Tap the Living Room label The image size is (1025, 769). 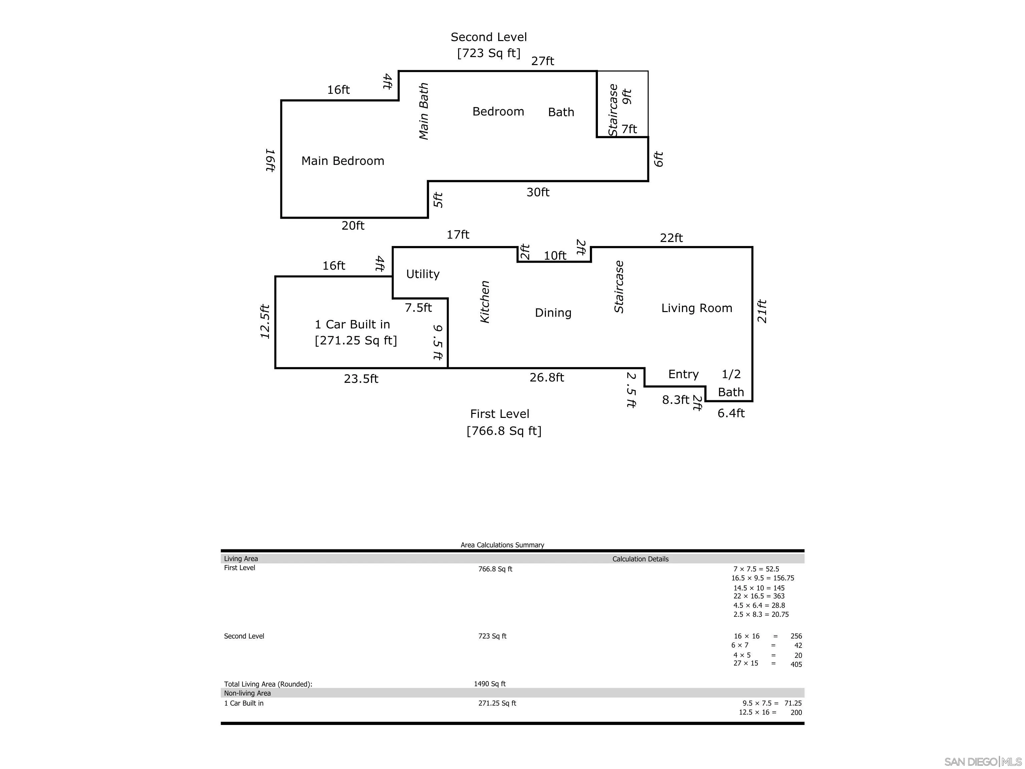(x=696, y=308)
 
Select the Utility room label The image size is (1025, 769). (x=423, y=274)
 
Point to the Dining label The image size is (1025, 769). (x=553, y=313)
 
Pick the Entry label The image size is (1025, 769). (x=683, y=374)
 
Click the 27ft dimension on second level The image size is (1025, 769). (x=542, y=61)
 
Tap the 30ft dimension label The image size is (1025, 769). (x=538, y=192)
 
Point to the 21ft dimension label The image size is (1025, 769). (x=762, y=311)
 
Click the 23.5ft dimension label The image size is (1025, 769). (x=361, y=379)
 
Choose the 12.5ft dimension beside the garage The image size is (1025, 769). (x=265, y=321)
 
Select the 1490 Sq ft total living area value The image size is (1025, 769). (x=489, y=684)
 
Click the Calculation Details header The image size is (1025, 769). (x=640, y=559)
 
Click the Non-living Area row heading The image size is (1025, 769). (x=248, y=693)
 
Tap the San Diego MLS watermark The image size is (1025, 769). (x=982, y=762)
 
